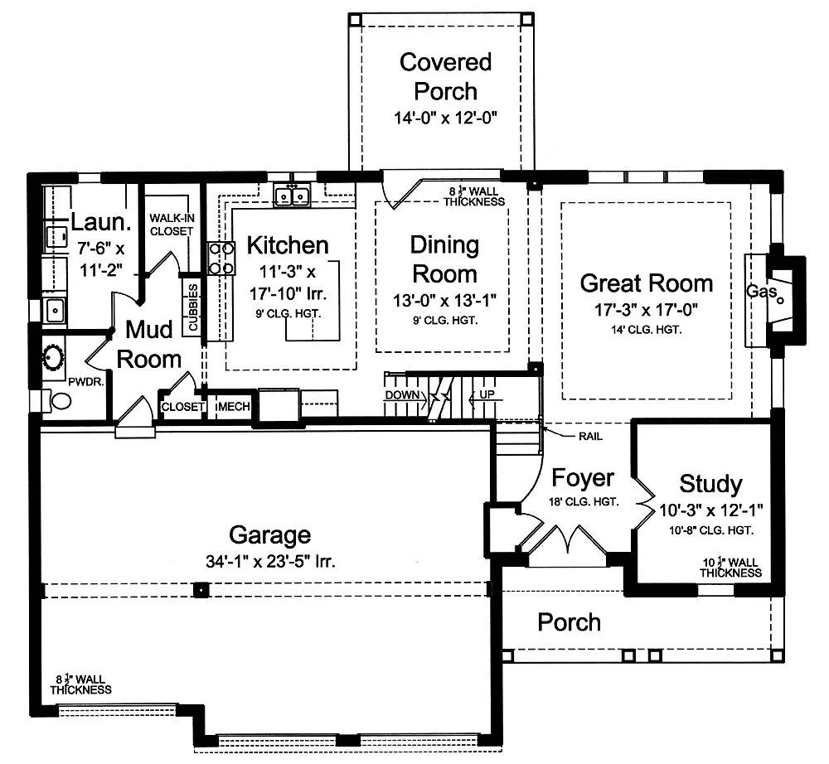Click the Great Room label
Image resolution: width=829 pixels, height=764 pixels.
[x=646, y=283]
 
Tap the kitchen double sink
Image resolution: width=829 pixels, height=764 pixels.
[x=292, y=196]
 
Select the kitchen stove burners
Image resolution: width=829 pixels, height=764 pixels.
[x=221, y=258]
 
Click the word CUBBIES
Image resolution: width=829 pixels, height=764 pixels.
[x=193, y=307]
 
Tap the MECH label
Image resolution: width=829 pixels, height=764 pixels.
[x=232, y=406]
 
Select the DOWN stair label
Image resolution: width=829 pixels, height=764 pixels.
[x=402, y=394]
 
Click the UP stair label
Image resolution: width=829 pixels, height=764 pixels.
[x=487, y=394]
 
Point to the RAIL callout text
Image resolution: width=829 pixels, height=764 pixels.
[x=590, y=437]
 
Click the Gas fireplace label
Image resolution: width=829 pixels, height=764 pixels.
[x=762, y=291]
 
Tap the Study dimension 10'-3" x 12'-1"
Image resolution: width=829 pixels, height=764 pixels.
[x=710, y=510]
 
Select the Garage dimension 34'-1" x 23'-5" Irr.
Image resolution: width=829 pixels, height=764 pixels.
[x=271, y=561]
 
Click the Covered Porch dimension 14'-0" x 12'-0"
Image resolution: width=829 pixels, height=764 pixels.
[x=446, y=118]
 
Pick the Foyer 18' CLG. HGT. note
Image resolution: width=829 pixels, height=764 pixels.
[x=584, y=502]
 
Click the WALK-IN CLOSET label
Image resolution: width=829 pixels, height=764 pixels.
[x=172, y=225]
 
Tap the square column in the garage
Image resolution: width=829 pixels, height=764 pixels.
[x=201, y=590]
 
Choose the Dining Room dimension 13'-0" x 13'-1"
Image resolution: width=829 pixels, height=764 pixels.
[x=444, y=300]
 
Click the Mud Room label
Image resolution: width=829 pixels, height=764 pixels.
[x=149, y=345]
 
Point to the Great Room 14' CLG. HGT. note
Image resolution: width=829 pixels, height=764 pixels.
[x=646, y=331]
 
